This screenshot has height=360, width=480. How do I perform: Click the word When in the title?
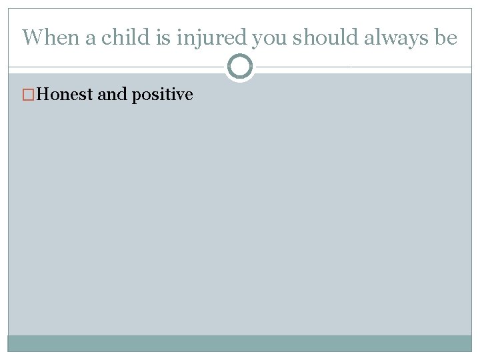click(51, 37)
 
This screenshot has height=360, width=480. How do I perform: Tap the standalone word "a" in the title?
click(91, 38)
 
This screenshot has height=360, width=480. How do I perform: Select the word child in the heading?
click(122, 37)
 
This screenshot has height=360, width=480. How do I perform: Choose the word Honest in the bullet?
click(65, 95)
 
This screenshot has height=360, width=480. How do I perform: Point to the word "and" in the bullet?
click(112, 95)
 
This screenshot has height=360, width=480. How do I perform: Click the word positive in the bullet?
click(162, 95)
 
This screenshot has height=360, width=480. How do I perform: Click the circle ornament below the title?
click(240, 67)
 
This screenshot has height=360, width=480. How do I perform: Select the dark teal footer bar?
click(240, 343)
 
